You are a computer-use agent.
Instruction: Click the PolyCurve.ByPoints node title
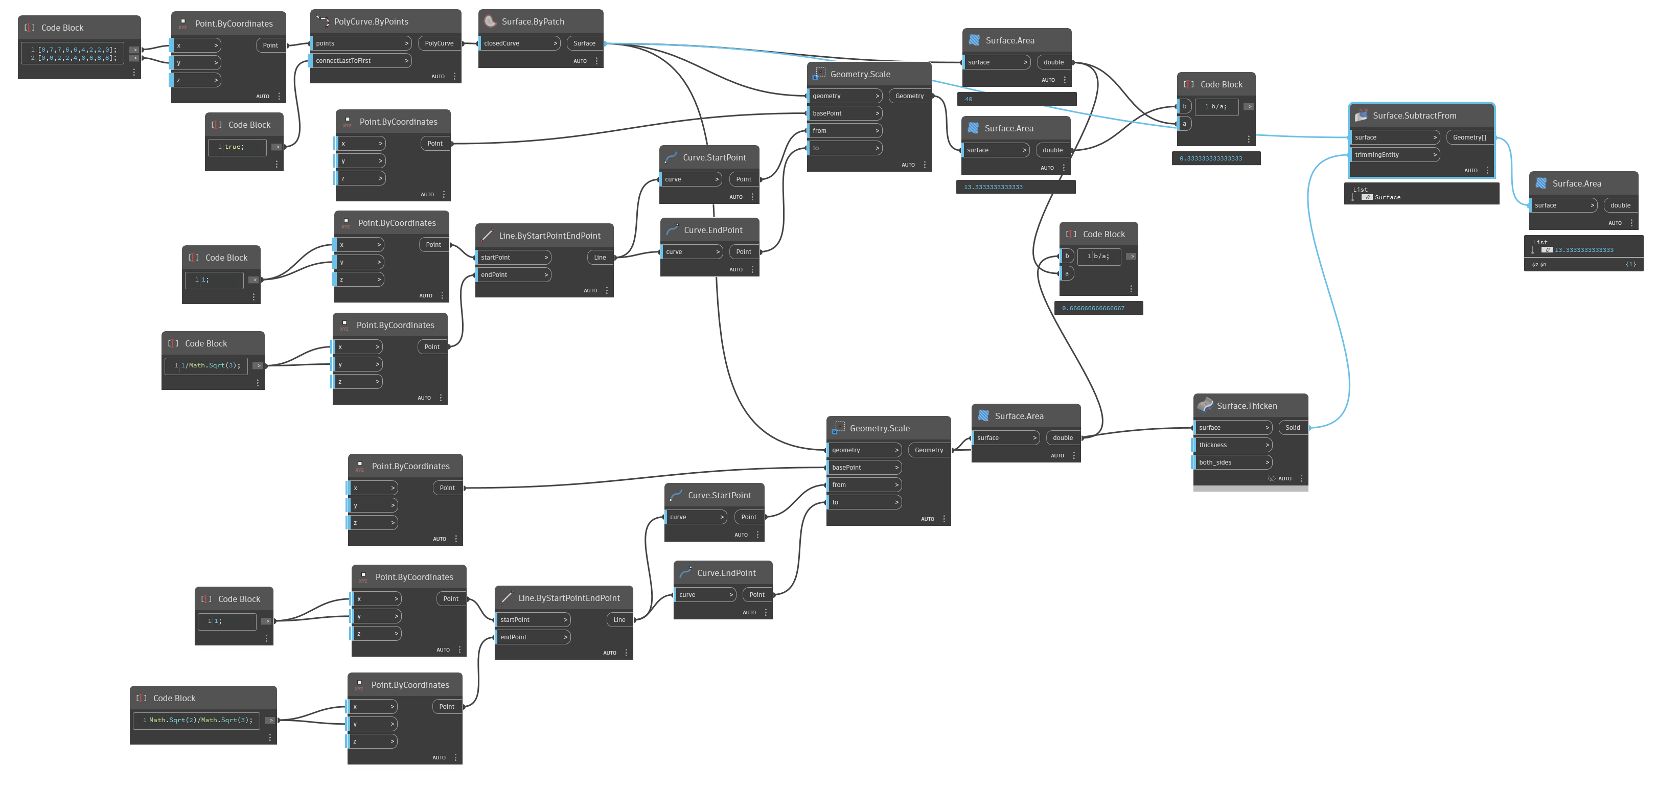pyautogui.click(x=371, y=22)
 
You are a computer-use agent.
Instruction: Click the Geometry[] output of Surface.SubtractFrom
pyautogui.click(x=1469, y=137)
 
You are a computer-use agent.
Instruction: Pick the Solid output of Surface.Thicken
pyautogui.click(x=1292, y=427)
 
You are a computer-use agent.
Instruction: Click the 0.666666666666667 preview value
pyautogui.click(x=1094, y=308)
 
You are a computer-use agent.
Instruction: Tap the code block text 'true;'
pyautogui.click(x=235, y=147)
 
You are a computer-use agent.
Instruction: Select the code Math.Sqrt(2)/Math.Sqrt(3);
pyautogui.click(x=201, y=720)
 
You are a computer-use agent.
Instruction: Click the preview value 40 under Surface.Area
pyautogui.click(x=969, y=99)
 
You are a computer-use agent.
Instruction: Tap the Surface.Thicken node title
pyautogui.click(x=1247, y=406)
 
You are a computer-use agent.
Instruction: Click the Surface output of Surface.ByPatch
pyautogui.click(x=584, y=43)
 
